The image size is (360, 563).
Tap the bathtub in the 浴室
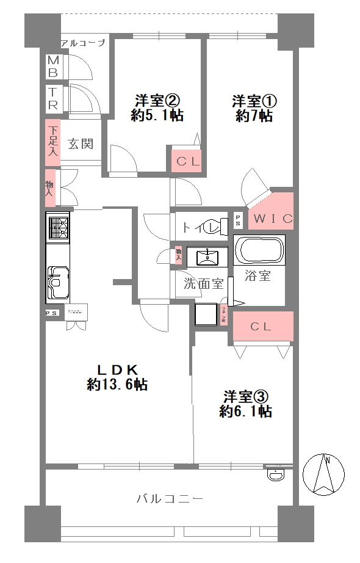[x=259, y=250]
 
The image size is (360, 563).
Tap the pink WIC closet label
[x=273, y=218]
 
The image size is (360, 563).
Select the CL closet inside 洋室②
[x=187, y=162]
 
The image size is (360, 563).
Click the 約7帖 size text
[x=254, y=117]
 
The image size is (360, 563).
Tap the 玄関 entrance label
[x=80, y=144]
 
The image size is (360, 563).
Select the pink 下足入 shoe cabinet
[x=53, y=142]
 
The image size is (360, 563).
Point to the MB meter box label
[x=54, y=67]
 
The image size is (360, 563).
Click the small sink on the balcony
[x=276, y=473]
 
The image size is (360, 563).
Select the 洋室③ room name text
[x=245, y=395]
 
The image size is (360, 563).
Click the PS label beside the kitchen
[x=52, y=312]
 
